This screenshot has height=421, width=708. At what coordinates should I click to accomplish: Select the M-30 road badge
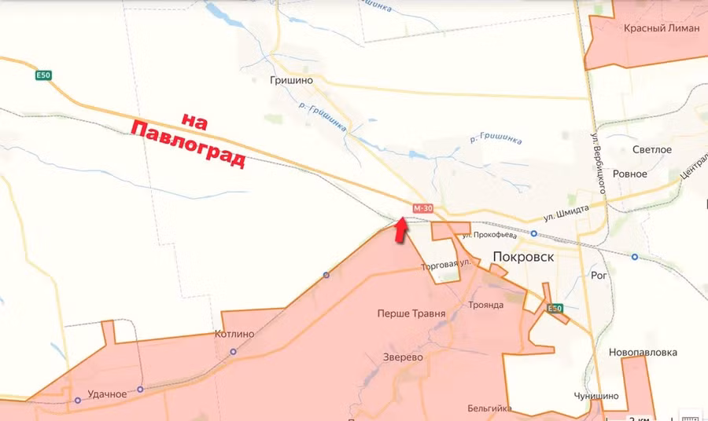pyautogui.click(x=422, y=208)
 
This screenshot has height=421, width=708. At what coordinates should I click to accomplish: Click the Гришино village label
pyautogui.click(x=291, y=80)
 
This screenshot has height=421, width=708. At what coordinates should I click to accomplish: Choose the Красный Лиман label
pyautogui.click(x=661, y=28)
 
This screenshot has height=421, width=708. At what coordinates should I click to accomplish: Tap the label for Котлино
pyautogui.click(x=234, y=334)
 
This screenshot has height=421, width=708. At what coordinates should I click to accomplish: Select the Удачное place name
pyautogui.click(x=108, y=394)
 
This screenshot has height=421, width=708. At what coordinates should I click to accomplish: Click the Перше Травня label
pyautogui.click(x=411, y=313)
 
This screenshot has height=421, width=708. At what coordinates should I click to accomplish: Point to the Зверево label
pyautogui.click(x=402, y=357)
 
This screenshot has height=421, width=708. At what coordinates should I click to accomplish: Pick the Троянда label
pyautogui.click(x=485, y=305)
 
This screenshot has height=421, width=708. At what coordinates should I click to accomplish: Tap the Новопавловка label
pyautogui.click(x=643, y=353)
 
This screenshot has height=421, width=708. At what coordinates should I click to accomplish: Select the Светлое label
pyautogui.click(x=653, y=149)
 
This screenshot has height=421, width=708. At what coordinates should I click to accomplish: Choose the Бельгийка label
pyautogui.click(x=489, y=408)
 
